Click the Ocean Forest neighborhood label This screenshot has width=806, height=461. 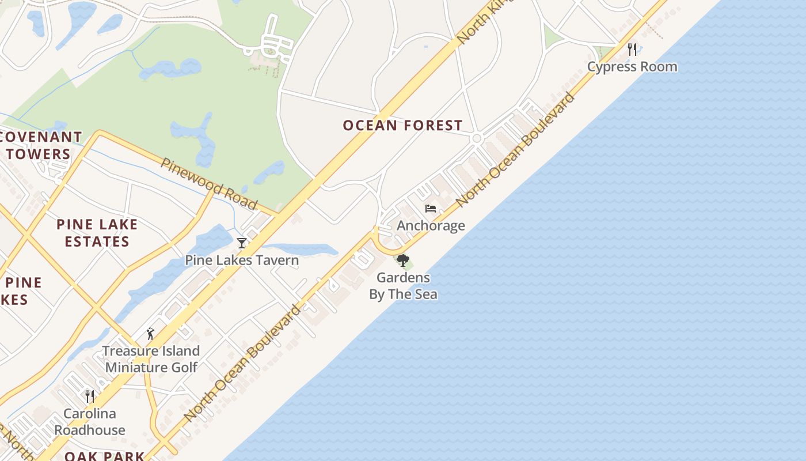pos(402,126)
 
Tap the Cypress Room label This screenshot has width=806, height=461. pos(632,67)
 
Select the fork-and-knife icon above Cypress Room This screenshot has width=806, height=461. pos(632,49)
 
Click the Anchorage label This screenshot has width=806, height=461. pos(431,225)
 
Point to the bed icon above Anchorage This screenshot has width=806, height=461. pos(431,209)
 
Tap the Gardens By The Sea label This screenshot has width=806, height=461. pos(403,286)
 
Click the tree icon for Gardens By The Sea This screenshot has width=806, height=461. pos(403,260)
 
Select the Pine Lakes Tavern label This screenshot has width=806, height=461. pos(242,260)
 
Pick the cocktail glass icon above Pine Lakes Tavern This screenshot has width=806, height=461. pos(242,243)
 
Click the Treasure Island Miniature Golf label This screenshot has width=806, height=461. pos(151,359)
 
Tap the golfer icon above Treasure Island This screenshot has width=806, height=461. pos(151,334)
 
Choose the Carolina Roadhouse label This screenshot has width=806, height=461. pos(90,422)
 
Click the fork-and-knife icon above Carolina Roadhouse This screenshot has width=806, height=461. pos(90,396)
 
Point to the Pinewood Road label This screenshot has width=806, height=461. pos(209,183)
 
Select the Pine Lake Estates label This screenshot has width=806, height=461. pos(97,233)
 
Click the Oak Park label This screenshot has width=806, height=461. pos(104,456)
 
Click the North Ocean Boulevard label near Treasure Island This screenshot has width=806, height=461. pos(242,363)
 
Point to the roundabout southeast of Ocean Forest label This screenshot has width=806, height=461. pos(476,138)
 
